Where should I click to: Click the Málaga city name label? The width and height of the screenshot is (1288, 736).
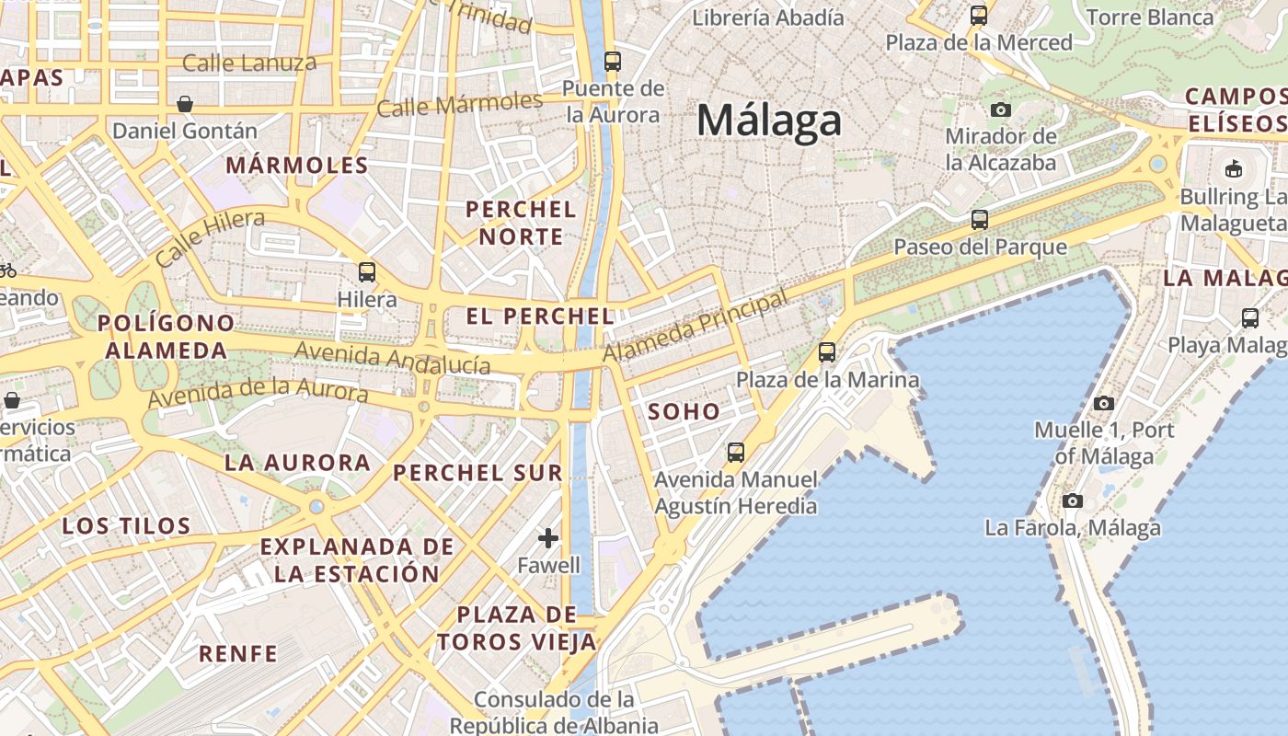769,121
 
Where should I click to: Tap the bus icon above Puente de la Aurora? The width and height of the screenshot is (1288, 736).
612,63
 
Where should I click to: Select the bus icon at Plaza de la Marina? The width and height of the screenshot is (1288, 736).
827,352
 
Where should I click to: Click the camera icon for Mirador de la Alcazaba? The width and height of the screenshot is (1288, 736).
1001,110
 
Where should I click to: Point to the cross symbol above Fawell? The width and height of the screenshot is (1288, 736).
548,538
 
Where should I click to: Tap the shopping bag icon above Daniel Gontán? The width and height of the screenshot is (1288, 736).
185,103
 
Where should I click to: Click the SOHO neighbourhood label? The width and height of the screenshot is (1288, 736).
684,411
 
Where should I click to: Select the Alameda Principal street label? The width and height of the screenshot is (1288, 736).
696,327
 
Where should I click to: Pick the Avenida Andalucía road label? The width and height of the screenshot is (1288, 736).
392,358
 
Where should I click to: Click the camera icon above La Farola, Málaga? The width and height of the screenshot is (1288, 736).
1073,501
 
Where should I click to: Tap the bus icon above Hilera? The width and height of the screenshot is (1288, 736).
367,271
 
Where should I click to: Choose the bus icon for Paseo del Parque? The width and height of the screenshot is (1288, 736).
980,220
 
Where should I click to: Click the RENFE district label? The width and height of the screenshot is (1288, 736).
238,654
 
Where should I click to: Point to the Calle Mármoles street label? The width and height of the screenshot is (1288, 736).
460,104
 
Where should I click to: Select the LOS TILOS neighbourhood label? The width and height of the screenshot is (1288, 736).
127,526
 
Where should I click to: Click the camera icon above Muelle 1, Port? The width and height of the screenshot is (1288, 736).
1104,403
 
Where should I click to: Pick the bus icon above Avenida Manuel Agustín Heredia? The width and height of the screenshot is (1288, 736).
735,452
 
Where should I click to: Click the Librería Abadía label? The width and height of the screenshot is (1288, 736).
767,17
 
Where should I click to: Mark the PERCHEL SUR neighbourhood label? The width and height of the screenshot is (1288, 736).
477,473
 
